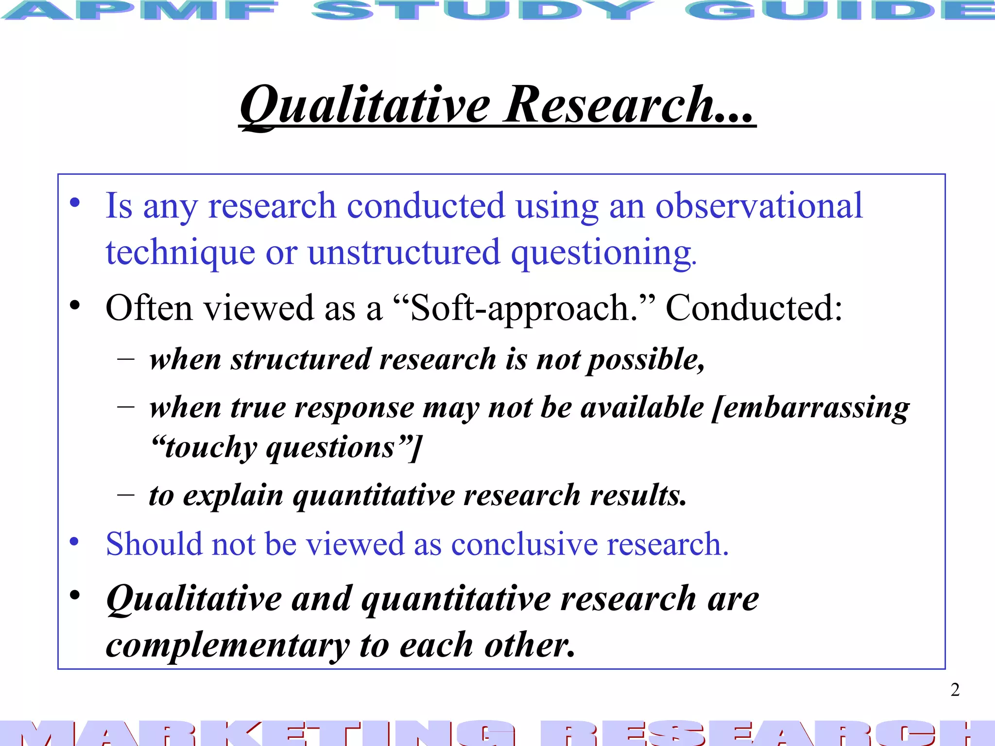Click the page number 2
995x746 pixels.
(955, 690)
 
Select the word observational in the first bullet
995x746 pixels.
(759, 206)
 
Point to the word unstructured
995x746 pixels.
(404, 253)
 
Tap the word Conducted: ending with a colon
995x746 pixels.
(754, 308)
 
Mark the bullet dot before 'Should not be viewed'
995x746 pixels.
(74, 541)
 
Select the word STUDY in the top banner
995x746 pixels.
(481, 11)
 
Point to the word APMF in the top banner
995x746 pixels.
(141, 11)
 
